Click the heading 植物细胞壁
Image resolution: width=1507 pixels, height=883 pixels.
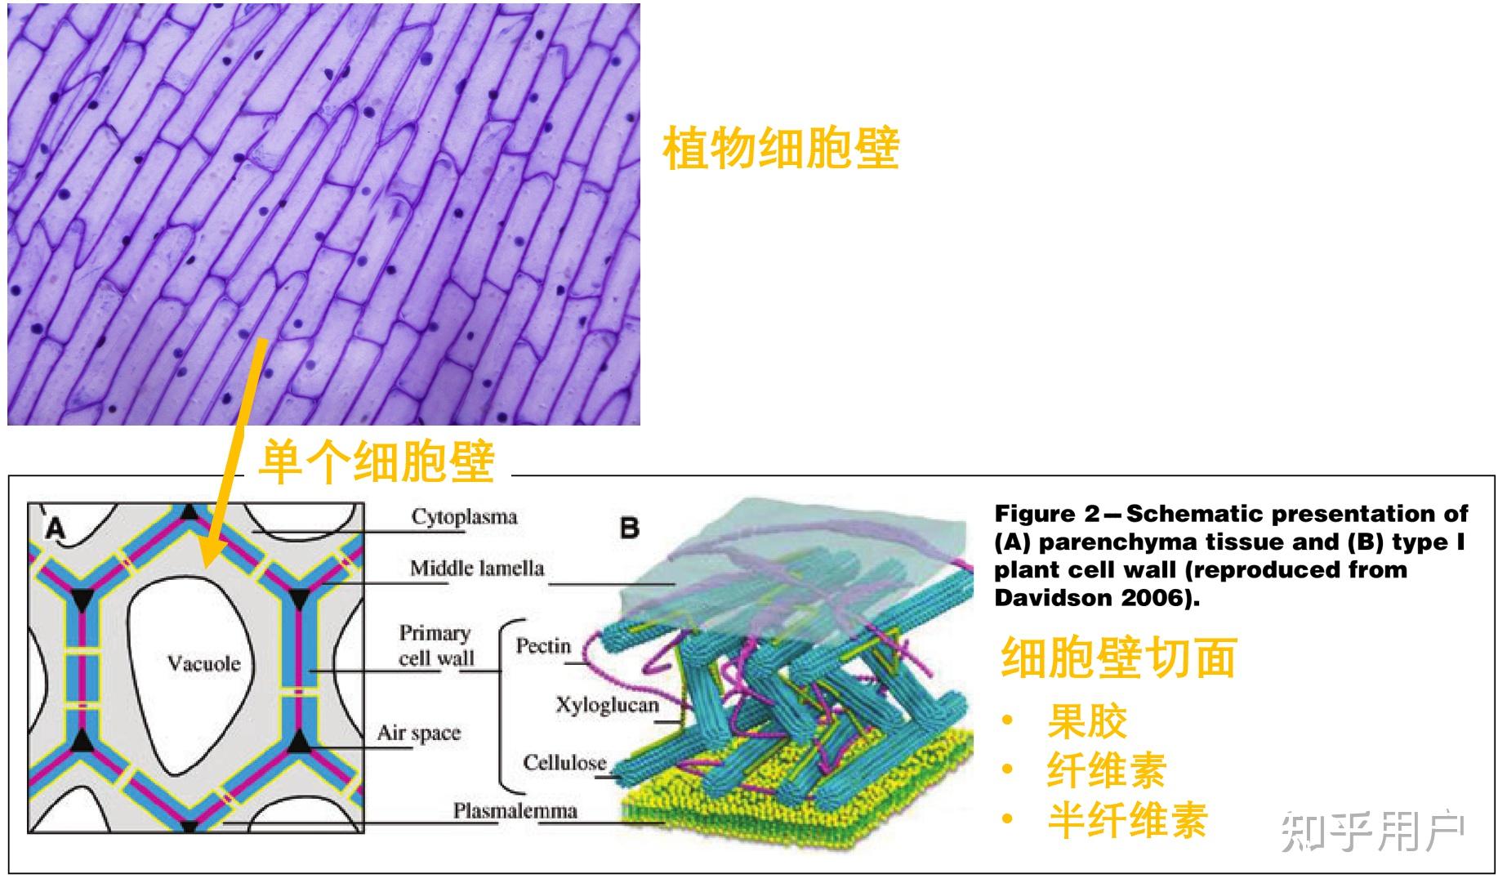pos(781,149)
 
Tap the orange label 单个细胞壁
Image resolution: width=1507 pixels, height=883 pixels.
pos(377,462)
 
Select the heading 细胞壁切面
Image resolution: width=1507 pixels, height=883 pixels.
pos(1118,658)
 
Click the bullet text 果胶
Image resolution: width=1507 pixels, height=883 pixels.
pos(1087,720)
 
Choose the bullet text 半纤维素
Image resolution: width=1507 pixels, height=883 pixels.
pos(1127,820)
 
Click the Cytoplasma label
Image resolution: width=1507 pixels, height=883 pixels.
pos(464,517)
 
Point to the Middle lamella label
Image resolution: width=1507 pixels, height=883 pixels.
pos(476,569)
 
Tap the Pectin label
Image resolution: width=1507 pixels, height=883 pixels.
pos(543,646)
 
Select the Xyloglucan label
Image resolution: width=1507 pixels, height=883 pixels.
pos(607,705)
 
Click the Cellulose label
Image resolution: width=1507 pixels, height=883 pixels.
pos(564,763)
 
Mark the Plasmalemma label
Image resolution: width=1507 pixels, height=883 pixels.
pos(515,811)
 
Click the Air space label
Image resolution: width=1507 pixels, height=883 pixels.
pos(418,734)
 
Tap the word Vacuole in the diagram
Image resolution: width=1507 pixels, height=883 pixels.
pos(204,662)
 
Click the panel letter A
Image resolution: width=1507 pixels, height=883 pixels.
pos(55,529)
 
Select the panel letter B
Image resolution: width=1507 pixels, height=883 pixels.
pos(629,528)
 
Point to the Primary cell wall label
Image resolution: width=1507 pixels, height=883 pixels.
pos(435,645)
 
